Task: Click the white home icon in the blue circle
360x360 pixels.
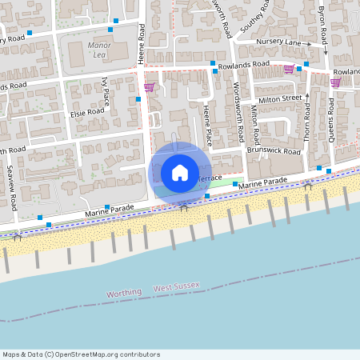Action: click(179, 173)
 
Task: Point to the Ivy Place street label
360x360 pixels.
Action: click(106, 92)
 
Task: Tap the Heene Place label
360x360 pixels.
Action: click(207, 125)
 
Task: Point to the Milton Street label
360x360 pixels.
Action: click(280, 98)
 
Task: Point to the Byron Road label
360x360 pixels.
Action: click(322, 24)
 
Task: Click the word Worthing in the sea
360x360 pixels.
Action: click(124, 294)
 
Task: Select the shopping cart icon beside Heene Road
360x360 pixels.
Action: click(149, 87)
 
